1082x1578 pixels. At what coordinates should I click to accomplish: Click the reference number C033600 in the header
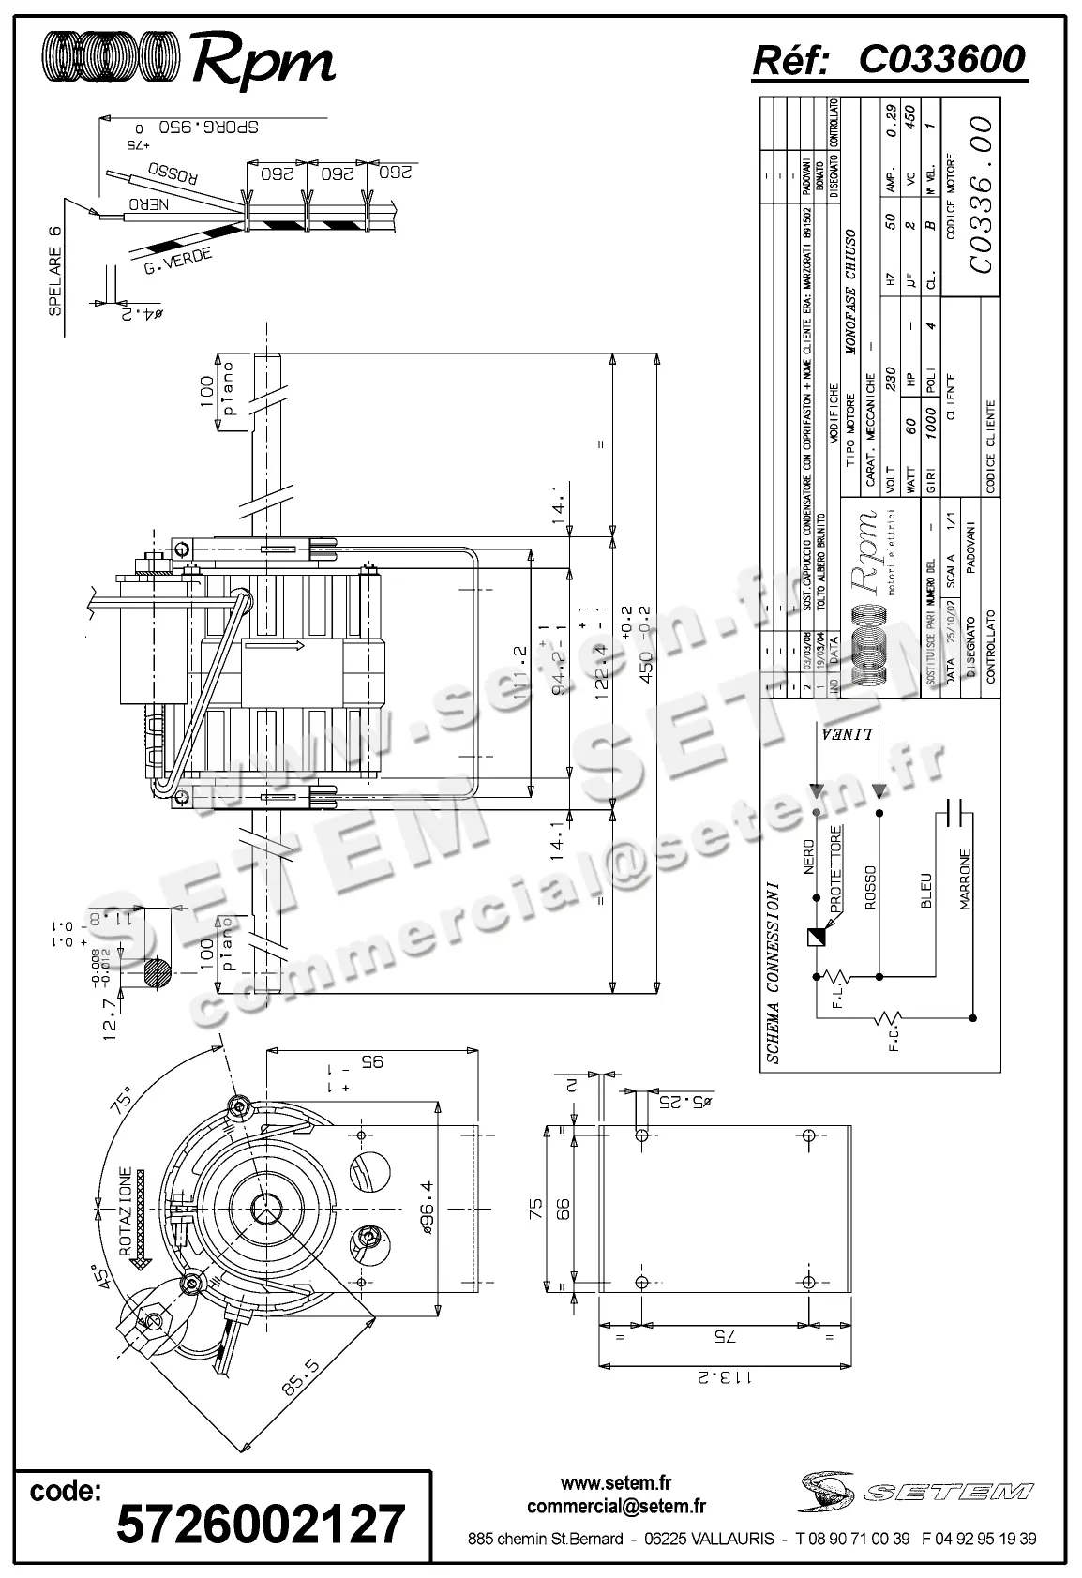[941, 60]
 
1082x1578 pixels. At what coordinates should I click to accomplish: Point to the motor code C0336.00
[981, 194]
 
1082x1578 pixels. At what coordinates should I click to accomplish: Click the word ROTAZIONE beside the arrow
[124, 1210]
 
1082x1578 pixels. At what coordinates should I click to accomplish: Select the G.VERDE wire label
[178, 262]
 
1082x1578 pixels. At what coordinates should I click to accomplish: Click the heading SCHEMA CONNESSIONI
[774, 971]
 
